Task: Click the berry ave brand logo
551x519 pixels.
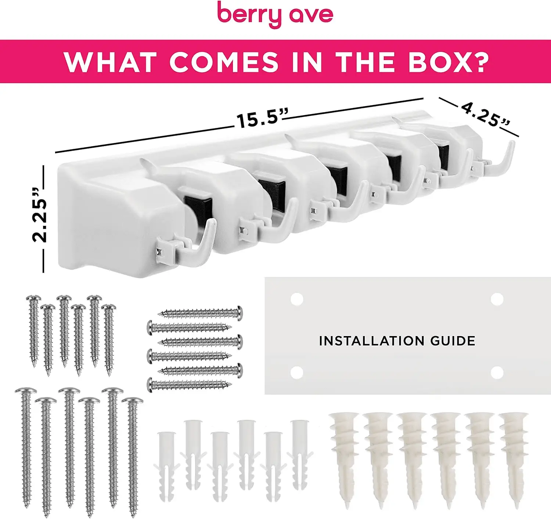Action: (x=275, y=15)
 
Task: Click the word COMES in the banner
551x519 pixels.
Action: (x=224, y=62)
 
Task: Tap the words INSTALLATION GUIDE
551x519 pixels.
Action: (x=397, y=341)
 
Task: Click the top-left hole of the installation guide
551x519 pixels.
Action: (x=296, y=299)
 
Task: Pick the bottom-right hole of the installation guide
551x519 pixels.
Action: (x=497, y=372)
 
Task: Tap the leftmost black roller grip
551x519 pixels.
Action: (x=198, y=207)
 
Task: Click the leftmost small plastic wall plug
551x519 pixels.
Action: (x=166, y=468)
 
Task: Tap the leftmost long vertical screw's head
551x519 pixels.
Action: (x=26, y=391)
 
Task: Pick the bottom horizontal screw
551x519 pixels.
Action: (x=189, y=385)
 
